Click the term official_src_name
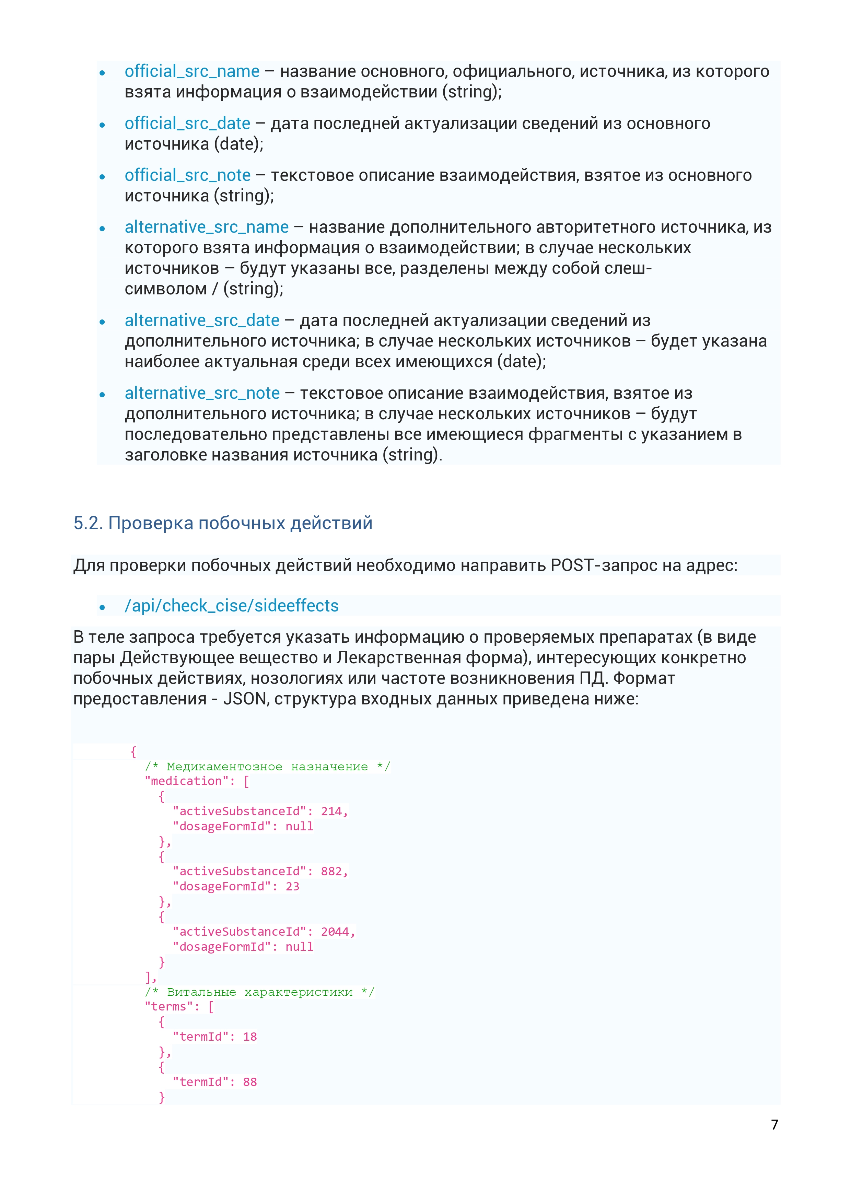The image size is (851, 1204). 192,71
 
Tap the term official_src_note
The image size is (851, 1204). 187,175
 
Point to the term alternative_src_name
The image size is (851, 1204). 207,227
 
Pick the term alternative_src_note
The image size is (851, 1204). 202,393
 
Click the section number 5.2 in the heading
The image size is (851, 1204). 85,523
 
